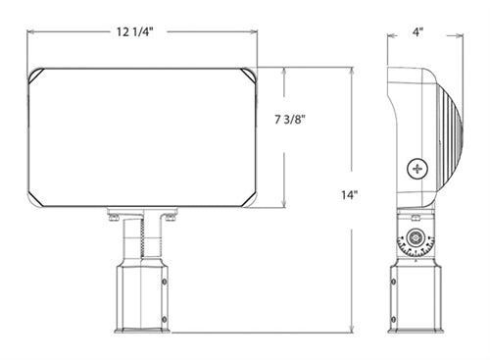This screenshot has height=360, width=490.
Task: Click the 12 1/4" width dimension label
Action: click(135, 31)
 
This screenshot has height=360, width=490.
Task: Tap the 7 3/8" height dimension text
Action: click(290, 120)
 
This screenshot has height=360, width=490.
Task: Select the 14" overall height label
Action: click(350, 195)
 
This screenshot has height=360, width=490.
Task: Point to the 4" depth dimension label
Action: click(417, 32)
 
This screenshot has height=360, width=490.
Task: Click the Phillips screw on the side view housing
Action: click(417, 169)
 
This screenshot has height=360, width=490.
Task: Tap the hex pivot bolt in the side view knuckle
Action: click(416, 237)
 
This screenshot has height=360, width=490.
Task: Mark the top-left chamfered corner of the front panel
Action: click(36, 76)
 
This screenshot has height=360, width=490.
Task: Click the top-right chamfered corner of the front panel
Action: click(249, 76)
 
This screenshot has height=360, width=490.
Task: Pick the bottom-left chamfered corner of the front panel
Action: click(36, 199)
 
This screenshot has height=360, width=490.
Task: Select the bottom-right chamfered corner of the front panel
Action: click(249, 199)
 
